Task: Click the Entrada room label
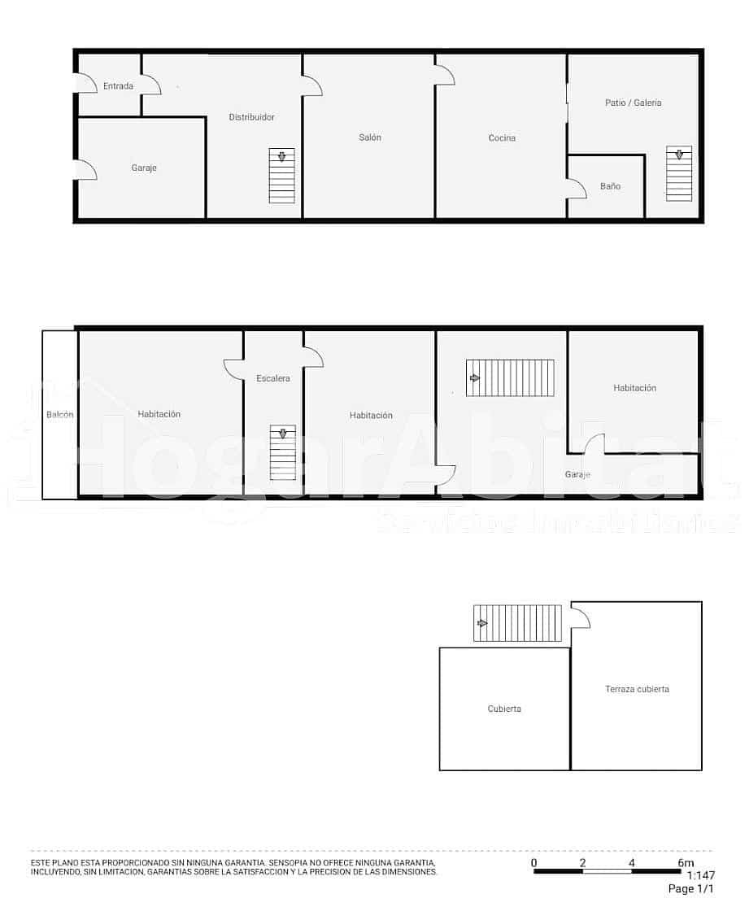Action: coord(118,85)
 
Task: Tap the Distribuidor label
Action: coord(251,117)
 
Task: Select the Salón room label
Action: coord(370,137)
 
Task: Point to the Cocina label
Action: coord(502,138)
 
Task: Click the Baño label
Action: coord(610,186)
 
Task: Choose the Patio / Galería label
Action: coord(634,102)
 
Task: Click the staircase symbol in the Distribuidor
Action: coord(282,176)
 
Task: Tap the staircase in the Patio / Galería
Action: coord(679,173)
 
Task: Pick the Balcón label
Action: coord(60,415)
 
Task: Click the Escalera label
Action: coord(273,378)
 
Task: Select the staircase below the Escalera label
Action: coord(283,452)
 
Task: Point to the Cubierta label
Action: coord(504,709)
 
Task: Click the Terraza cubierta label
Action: coord(637,689)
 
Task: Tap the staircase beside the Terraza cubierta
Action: coord(517,623)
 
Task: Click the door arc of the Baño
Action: coord(577,189)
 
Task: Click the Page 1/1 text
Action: coord(690,889)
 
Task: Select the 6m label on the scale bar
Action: coord(686,863)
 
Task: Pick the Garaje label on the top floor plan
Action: coord(144,168)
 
